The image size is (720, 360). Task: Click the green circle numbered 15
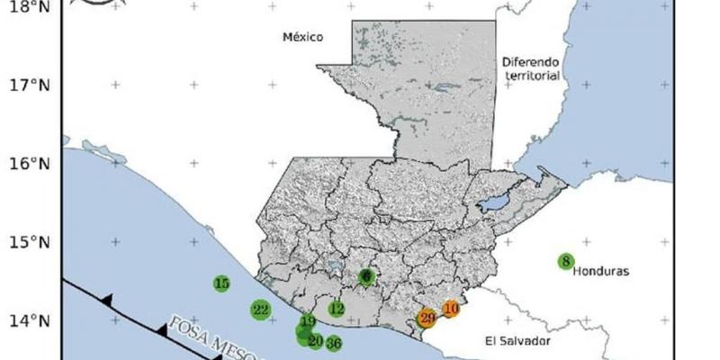(222, 284)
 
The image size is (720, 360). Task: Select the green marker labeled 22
(261, 310)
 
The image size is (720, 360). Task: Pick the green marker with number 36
(334, 343)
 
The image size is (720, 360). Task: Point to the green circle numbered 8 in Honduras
(565, 261)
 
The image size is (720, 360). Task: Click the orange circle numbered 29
(427, 317)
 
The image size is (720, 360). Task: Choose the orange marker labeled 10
(452, 309)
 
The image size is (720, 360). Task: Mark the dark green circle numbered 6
(365, 276)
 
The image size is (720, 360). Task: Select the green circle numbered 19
(307, 321)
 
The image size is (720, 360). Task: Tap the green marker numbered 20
(314, 340)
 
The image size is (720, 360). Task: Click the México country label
(302, 37)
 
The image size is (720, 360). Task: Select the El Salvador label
(516, 340)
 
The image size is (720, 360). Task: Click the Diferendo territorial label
(531, 69)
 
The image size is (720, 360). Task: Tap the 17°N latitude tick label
(27, 85)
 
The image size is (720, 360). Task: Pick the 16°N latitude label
(27, 164)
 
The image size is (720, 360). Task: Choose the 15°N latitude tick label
(27, 242)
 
